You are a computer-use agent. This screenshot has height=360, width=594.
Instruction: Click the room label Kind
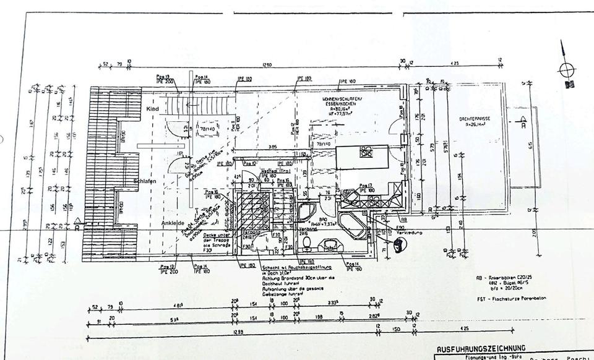point(153,109)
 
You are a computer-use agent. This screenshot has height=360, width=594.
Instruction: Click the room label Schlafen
point(143,181)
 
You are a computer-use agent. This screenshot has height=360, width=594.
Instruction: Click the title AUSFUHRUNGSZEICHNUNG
point(481,348)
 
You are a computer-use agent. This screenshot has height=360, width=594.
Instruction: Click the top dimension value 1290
point(267,64)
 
